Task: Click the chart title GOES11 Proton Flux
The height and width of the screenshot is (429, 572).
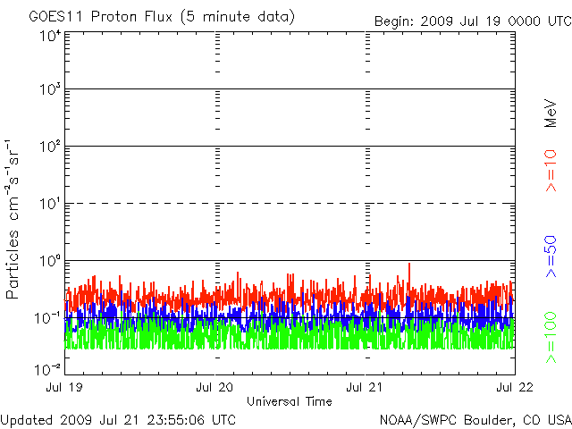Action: tap(100, 17)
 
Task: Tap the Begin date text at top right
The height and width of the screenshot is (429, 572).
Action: tap(473, 21)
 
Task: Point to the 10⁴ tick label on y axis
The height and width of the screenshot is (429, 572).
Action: tap(50, 37)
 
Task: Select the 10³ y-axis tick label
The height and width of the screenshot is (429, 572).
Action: tap(50, 89)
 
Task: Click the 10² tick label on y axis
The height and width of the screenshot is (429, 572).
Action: tap(50, 147)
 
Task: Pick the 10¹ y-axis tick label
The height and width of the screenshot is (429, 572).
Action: tap(50, 204)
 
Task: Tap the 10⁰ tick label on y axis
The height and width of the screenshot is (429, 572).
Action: tap(50, 261)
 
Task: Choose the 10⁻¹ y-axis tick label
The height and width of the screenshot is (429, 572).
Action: tap(47, 318)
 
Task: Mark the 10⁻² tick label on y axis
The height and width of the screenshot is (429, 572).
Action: tap(47, 370)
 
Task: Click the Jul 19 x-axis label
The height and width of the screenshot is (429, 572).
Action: tap(64, 387)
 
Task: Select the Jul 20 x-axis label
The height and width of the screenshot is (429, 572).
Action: tap(214, 387)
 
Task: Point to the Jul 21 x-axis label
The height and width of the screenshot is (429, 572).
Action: tap(365, 387)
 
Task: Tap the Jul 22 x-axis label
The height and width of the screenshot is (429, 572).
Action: tap(515, 387)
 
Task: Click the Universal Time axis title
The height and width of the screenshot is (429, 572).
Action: tap(290, 401)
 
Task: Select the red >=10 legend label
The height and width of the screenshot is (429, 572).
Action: tap(551, 171)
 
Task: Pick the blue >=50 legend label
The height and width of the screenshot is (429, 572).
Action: tap(551, 257)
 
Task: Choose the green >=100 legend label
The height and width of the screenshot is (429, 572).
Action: tap(551, 338)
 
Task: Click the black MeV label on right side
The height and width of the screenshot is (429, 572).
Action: tap(551, 114)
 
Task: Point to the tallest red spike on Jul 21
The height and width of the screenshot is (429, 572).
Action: tap(409, 265)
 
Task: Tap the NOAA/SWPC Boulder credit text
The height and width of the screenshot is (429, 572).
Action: tap(475, 420)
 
